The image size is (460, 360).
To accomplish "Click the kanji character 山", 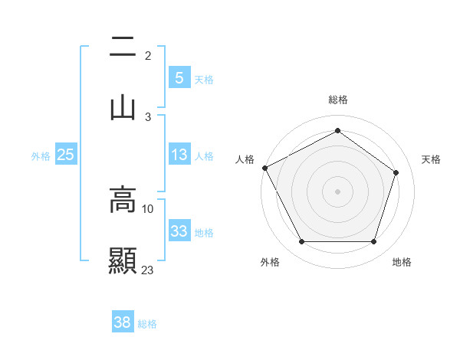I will [x=123, y=107].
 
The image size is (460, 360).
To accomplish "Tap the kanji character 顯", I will [x=123, y=260].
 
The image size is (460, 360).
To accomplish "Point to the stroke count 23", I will [x=148, y=270].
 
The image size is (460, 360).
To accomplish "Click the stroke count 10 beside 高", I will [x=148, y=208].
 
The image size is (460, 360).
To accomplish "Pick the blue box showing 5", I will [x=179, y=77].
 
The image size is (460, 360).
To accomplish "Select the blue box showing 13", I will [x=179, y=155].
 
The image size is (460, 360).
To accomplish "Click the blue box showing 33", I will [x=179, y=231].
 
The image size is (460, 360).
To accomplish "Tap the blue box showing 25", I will [x=66, y=155].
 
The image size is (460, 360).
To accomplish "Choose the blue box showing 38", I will [x=123, y=322].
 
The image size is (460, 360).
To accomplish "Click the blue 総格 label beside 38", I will [x=147, y=324].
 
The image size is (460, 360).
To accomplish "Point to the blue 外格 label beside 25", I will [x=41, y=156].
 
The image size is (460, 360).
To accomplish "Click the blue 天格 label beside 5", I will [x=204, y=79].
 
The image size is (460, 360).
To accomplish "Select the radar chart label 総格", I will [x=337, y=100].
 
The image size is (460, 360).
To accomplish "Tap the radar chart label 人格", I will [x=245, y=159].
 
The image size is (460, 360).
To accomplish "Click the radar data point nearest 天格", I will [x=396, y=172].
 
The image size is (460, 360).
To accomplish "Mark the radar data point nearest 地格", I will [x=373, y=242].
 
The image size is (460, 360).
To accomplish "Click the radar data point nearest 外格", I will [x=301, y=242].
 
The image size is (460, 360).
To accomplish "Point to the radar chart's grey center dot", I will [x=337, y=191].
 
